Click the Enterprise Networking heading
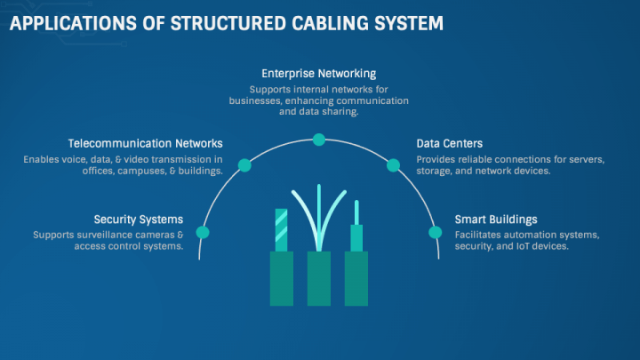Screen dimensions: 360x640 click(x=318, y=73)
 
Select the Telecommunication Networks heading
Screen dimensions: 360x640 click(x=146, y=143)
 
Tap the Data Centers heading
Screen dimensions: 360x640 click(x=450, y=143)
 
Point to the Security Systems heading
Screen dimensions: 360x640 click(x=139, y=219)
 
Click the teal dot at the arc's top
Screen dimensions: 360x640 click(x=319, y=139)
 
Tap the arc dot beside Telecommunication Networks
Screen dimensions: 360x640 click(x=245, y=164)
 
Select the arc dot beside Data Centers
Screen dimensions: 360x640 click(x=393, y=164)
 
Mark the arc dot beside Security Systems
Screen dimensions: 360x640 click(x=203, y=232)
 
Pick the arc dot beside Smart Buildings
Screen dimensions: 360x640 click(x=436, y=232)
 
